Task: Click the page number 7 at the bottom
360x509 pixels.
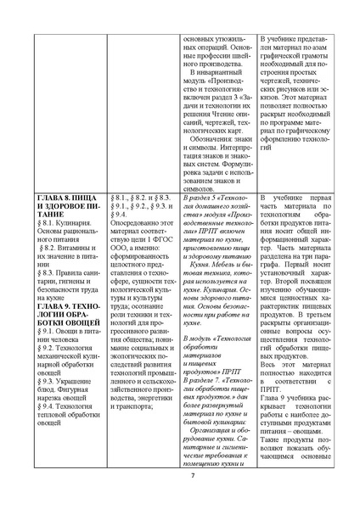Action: pyautogui.click(x=180, y=484)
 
